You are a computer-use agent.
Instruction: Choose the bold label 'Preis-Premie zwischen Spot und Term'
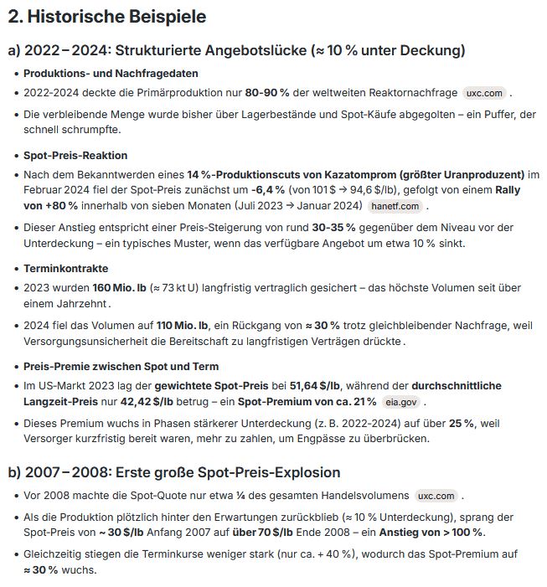pos(121,366)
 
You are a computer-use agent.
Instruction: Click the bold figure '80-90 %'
pos(267,92)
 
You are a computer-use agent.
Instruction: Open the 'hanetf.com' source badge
pos(395,206)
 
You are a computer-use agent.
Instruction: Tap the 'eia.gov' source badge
pos(401,401)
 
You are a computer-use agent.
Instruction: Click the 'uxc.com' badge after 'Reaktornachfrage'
pos(485,92)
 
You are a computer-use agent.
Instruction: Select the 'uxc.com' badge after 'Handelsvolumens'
pos(436,495)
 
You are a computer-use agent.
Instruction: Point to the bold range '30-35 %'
pos(335,228)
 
